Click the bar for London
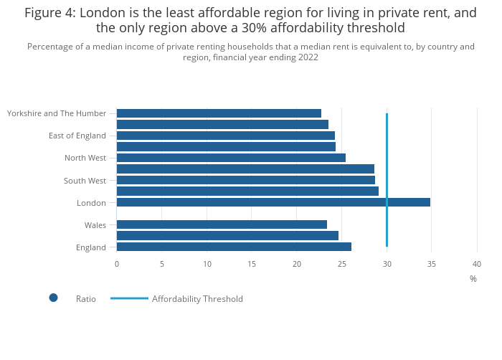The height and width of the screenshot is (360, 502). pyautogui.click(x=273, y=202)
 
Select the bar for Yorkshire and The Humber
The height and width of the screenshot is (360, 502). pyautogui.click(x=219, y=113)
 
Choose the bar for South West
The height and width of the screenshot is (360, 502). pyautogui.click(x=245, y=180)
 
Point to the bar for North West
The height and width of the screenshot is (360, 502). pyautogui.click(x=231, y=158)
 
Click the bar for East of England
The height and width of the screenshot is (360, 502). pyautogui.click(x=225, y=136)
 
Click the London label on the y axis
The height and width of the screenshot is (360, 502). pyautogui.click(x=91, y=203)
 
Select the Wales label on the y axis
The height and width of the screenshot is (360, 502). pyautogui.click(x=95, y=225)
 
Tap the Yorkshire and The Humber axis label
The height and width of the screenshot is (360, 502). pyautogui.click(x=57, y=113)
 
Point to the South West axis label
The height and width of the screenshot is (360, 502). pyautogui.click(x=85, y=181)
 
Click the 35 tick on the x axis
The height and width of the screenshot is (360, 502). pyautogui.click(x=432, y=264)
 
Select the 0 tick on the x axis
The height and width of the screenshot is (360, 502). pyautogui.click(x=117, y=264)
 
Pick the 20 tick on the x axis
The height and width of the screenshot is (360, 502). pyautogui.click(x=297, y=264)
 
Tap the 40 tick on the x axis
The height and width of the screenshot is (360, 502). pyautogui.click(x=477, y=264)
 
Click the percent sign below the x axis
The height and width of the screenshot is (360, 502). pyautogui.click(x=473, y=279)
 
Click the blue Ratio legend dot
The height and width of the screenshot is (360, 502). pyautogui.click(x=53, y=298)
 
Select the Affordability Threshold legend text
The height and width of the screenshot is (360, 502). pyautogui.click(x=197, y=299)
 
